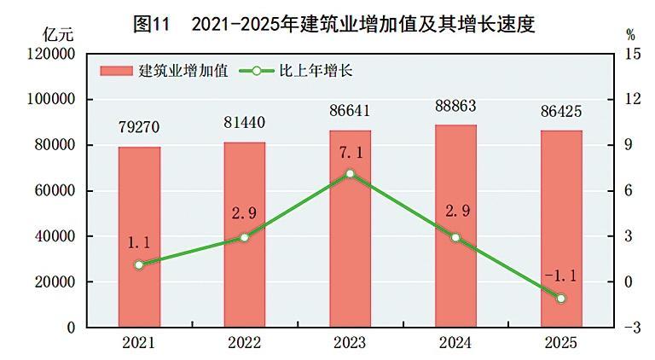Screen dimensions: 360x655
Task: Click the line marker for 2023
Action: (x=350, y=174)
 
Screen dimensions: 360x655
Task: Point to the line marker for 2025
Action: (x=561, y=299)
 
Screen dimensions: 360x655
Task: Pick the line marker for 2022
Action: (x=244, y=237)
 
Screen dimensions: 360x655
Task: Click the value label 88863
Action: (x=455, y=107)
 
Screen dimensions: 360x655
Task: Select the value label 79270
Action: (x=139, y=129)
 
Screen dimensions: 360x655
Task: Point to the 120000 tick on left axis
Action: (x=54, y=54)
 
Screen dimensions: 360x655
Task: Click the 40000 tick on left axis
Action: (x=57, y=236)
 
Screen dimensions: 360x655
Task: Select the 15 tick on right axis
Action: (x=632, y=54)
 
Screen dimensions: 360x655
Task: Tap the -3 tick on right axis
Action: (x=631, y=328)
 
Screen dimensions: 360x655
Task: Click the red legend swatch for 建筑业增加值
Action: (x=117, y=71)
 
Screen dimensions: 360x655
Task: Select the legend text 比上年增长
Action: (x=316, y=71)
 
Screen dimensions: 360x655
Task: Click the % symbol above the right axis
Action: (x=630, y=35)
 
